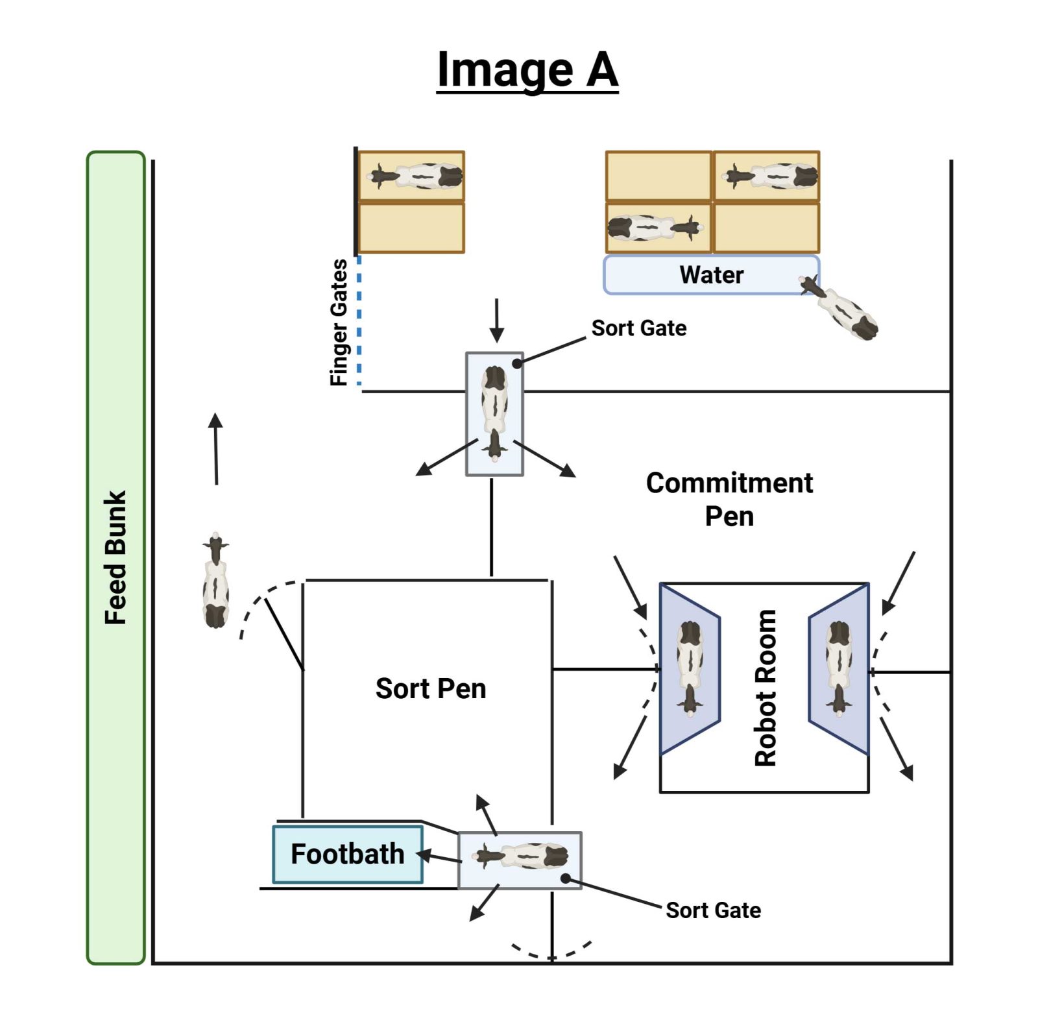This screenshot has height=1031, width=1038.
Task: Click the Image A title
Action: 527,70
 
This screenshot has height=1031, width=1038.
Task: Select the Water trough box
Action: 711,275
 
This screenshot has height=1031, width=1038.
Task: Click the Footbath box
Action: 348,854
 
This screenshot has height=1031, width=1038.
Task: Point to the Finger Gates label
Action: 339,322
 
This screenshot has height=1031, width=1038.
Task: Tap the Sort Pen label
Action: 430,688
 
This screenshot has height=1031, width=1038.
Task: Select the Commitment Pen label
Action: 729,500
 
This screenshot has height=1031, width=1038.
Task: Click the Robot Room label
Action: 766,688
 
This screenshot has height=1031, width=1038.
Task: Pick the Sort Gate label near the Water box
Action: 638,328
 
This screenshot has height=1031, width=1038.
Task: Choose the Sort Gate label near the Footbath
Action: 713,910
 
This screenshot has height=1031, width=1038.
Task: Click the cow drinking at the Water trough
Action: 839,308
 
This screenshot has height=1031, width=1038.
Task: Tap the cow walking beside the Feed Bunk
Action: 215,581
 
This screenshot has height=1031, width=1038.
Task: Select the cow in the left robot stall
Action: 690,668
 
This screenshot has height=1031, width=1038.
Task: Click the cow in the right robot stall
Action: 839,668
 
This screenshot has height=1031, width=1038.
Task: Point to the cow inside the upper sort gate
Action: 494,413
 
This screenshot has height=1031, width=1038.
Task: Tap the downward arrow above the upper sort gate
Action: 496,321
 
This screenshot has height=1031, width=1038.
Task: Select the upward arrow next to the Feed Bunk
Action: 216,448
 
